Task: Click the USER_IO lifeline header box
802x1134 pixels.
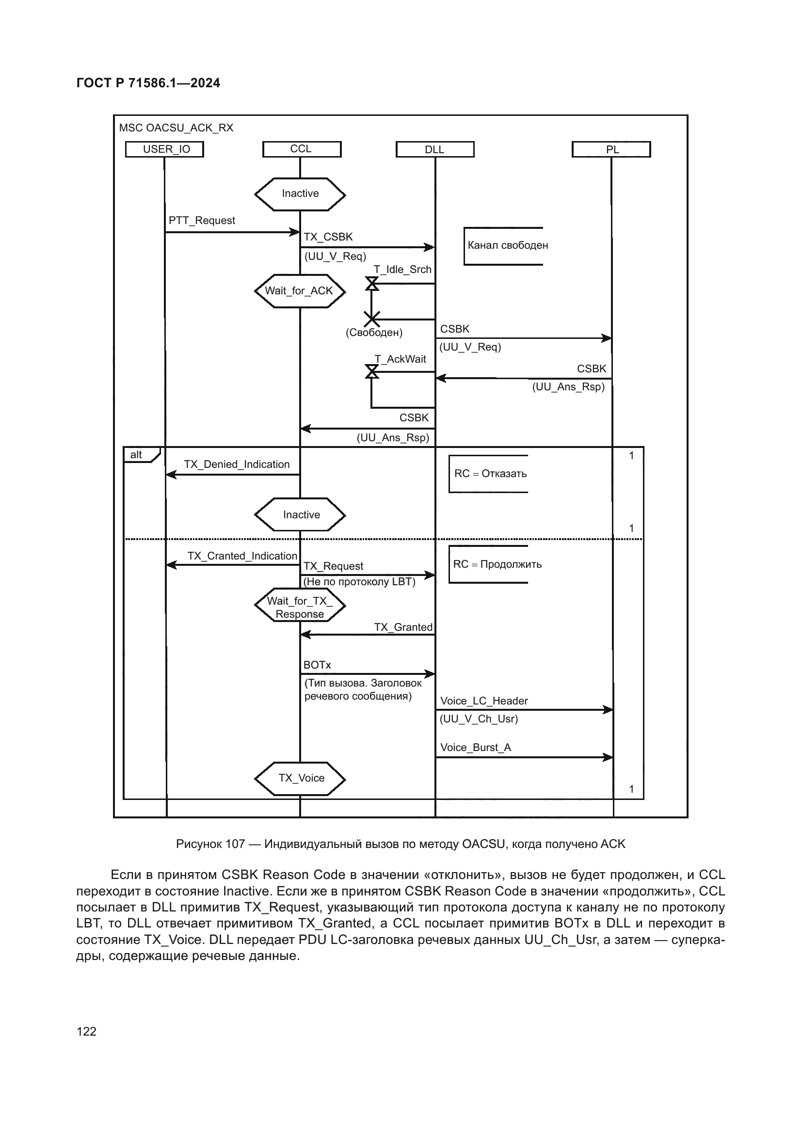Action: (x=164, y=149)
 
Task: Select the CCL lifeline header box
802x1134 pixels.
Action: (x=301, y=149)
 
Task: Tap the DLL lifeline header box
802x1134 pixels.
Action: (x=434, y=149)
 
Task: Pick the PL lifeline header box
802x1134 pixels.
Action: (x=611, y=149)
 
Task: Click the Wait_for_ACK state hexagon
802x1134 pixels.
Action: (x=299, y=291)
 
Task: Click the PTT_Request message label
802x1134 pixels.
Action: (x=202, y=220)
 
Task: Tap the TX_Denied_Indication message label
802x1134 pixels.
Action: (x=237, y=464)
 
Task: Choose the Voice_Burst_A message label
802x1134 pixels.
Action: (x=476, y=747)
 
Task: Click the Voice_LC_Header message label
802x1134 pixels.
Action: (x=484, y=701)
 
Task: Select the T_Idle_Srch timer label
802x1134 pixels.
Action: (x=402, y=270)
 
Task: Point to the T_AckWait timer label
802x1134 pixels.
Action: (x=400, y=359)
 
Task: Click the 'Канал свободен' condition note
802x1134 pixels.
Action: (x=507, y=245)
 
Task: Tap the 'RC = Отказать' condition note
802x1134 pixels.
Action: (x=490, y=474)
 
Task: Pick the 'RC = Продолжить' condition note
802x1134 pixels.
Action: (x=497, y=564)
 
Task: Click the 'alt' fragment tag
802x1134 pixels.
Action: (x=136, y=455)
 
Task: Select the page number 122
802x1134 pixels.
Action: (x=86, y=1031)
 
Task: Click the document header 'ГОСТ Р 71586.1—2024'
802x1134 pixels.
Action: (x=148, y=83)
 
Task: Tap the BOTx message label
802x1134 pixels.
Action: (x=317, y=665)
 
